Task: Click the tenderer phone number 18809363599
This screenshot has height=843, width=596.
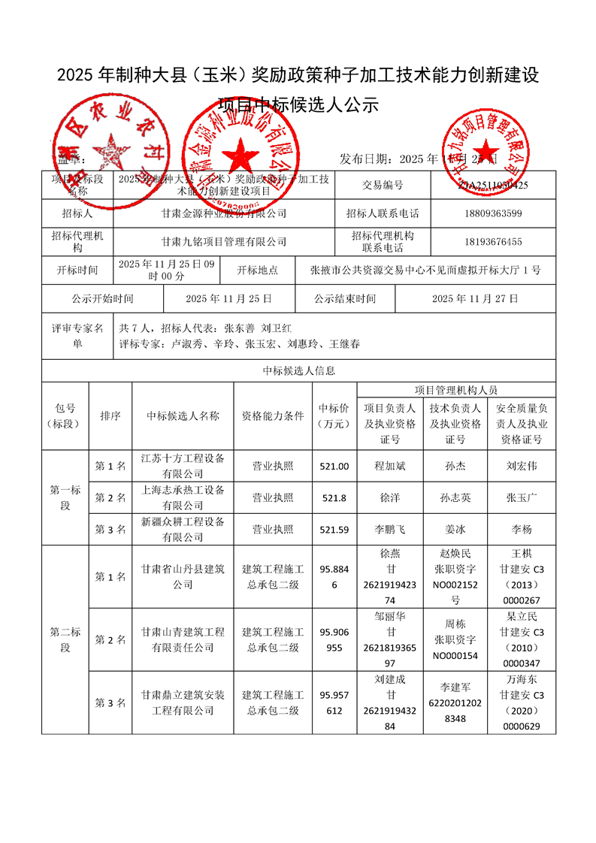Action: tap(493, 213)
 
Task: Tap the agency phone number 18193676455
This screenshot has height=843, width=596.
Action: tap(493, 242)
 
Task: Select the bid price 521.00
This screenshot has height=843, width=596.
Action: tap(334, 467)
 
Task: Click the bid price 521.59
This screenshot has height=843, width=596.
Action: tap(334, 530)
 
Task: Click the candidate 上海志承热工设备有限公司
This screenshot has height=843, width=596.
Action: tap(183, 498)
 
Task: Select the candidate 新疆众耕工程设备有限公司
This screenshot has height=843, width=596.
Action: tap(183, 530)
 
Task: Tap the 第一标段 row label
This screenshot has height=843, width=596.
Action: tap(65, 498)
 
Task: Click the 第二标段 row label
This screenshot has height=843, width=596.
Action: tap(65, 639)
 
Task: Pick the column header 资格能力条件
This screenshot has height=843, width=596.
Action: tap(273, 415)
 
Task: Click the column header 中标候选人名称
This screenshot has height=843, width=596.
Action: tap(183, 415)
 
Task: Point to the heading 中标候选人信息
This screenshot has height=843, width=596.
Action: tap(298, 370)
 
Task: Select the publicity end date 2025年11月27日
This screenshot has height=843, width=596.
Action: tap(475, 298)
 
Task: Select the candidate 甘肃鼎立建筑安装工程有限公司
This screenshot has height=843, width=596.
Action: tap(183, 702)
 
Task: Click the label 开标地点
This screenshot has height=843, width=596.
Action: tap(258, 270)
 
